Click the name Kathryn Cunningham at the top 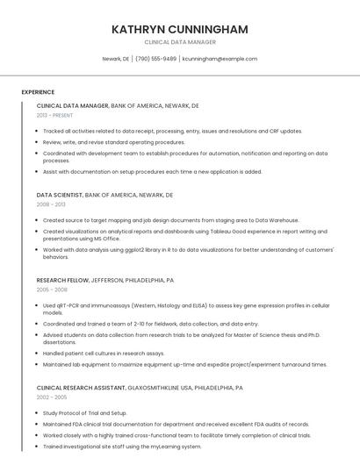(x=180, y=29)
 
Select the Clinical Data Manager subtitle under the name (x=180, y=42)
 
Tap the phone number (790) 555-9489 (x=155, y=59)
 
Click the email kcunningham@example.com (x=220, y=59)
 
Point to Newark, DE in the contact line (x=116, y=59)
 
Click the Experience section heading (x=38, y=92)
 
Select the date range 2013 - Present (x=54, y=115)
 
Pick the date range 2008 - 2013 (x=51, y=204)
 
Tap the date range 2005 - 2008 (x=52, y=289)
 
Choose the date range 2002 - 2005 (x=52, y=397)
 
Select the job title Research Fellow (x=63, y=280)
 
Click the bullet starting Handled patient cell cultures (x=103, y=353)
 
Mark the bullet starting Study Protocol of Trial (x=84, y=412)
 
